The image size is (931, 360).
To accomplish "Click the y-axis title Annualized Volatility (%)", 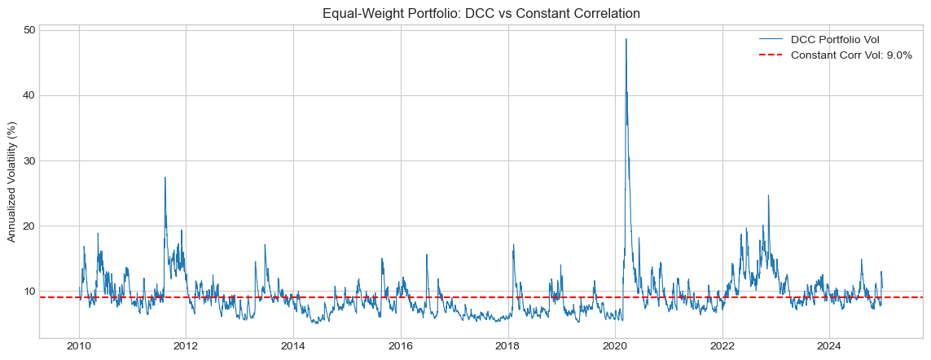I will coord(12,182).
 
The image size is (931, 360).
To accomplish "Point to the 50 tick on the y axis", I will coord(29,30).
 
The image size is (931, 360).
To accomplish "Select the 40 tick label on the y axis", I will coord(29,95).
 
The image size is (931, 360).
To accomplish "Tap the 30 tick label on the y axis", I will coord(29,160).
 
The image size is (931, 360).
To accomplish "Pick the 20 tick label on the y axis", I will coord(29,226).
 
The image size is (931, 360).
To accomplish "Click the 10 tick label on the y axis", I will coord(29,291).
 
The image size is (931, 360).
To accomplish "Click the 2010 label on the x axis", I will coord(79,346).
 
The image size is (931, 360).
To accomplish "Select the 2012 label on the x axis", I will coord(186,346).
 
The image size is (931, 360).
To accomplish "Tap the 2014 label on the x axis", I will coord(293,346).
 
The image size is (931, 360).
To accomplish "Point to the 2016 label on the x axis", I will coord(400,346).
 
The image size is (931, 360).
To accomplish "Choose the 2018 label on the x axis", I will coord(507,346).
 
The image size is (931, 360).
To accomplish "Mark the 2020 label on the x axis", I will coord(615,346).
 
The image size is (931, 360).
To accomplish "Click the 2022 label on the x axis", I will coord(722,346).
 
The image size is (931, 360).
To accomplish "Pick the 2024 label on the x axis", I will coord(829,346).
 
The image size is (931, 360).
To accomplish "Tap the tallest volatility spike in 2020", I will coord(626,39).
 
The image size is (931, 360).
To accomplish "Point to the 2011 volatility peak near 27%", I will coord(165,178).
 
